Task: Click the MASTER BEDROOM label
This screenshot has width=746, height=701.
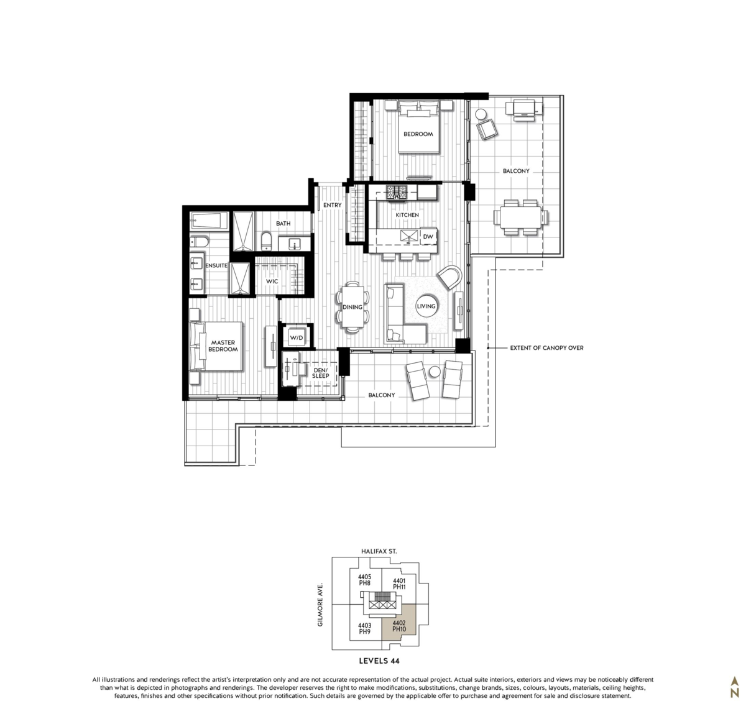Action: point(223,346)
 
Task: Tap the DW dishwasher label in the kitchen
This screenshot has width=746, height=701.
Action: point(427,237)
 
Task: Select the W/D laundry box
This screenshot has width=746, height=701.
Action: point(295,338)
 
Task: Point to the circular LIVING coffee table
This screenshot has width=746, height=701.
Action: point(426,306)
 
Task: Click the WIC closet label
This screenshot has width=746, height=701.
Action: point(272,282)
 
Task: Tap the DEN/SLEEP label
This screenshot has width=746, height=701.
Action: point(320,372)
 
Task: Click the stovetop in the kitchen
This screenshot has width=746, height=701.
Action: point(395,193)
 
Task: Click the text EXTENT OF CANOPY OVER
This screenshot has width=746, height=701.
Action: point(546,348)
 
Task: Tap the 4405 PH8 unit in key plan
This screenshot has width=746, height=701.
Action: point(364,580)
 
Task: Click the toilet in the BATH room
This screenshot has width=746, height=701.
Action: point(265,241)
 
